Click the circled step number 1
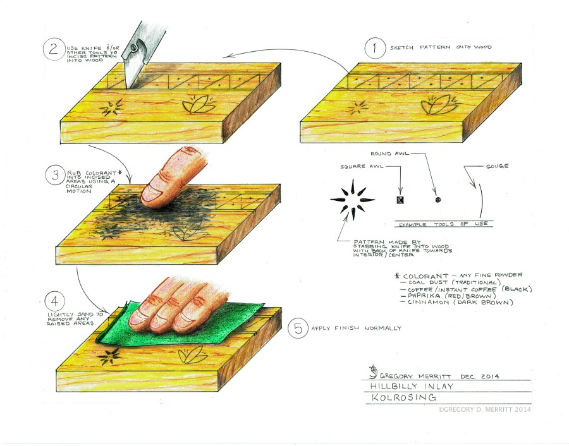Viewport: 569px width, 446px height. (375, 48)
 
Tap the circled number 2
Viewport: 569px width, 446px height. (54, 49)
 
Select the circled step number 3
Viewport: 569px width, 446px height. (55, 175)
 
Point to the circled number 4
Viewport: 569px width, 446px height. (55, 301)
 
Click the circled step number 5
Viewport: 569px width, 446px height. (298, 328)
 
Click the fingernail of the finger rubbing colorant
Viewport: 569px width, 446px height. (149, 194)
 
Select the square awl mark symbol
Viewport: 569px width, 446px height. (400, 200)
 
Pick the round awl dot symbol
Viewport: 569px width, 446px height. (438, 200)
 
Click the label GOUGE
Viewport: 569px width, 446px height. (497, 166)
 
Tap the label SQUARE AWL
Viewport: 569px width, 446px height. (362, 166)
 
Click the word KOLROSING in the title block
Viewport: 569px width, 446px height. (403, 397)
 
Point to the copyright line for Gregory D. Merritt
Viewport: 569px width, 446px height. (484, 409)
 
